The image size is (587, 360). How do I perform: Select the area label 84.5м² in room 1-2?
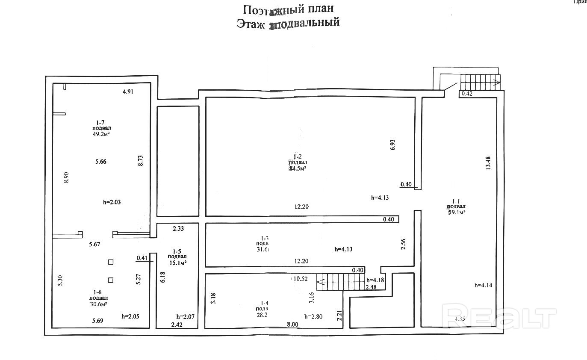pos(298,168)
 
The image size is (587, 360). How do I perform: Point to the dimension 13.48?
pos(488,163)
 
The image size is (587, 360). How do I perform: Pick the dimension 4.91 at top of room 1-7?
pos(128,91)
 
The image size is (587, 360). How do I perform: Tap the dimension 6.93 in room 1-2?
pos(392,145)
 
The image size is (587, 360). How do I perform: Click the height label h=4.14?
pos(484,285)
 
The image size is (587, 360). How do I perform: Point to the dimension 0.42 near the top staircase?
pos(466,94)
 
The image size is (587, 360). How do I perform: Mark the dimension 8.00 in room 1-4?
pos(292,324)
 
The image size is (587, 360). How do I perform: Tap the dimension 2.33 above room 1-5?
pos(178,229)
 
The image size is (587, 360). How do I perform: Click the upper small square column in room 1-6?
pos(111,262)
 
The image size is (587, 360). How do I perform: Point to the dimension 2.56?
pos(403,244)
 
